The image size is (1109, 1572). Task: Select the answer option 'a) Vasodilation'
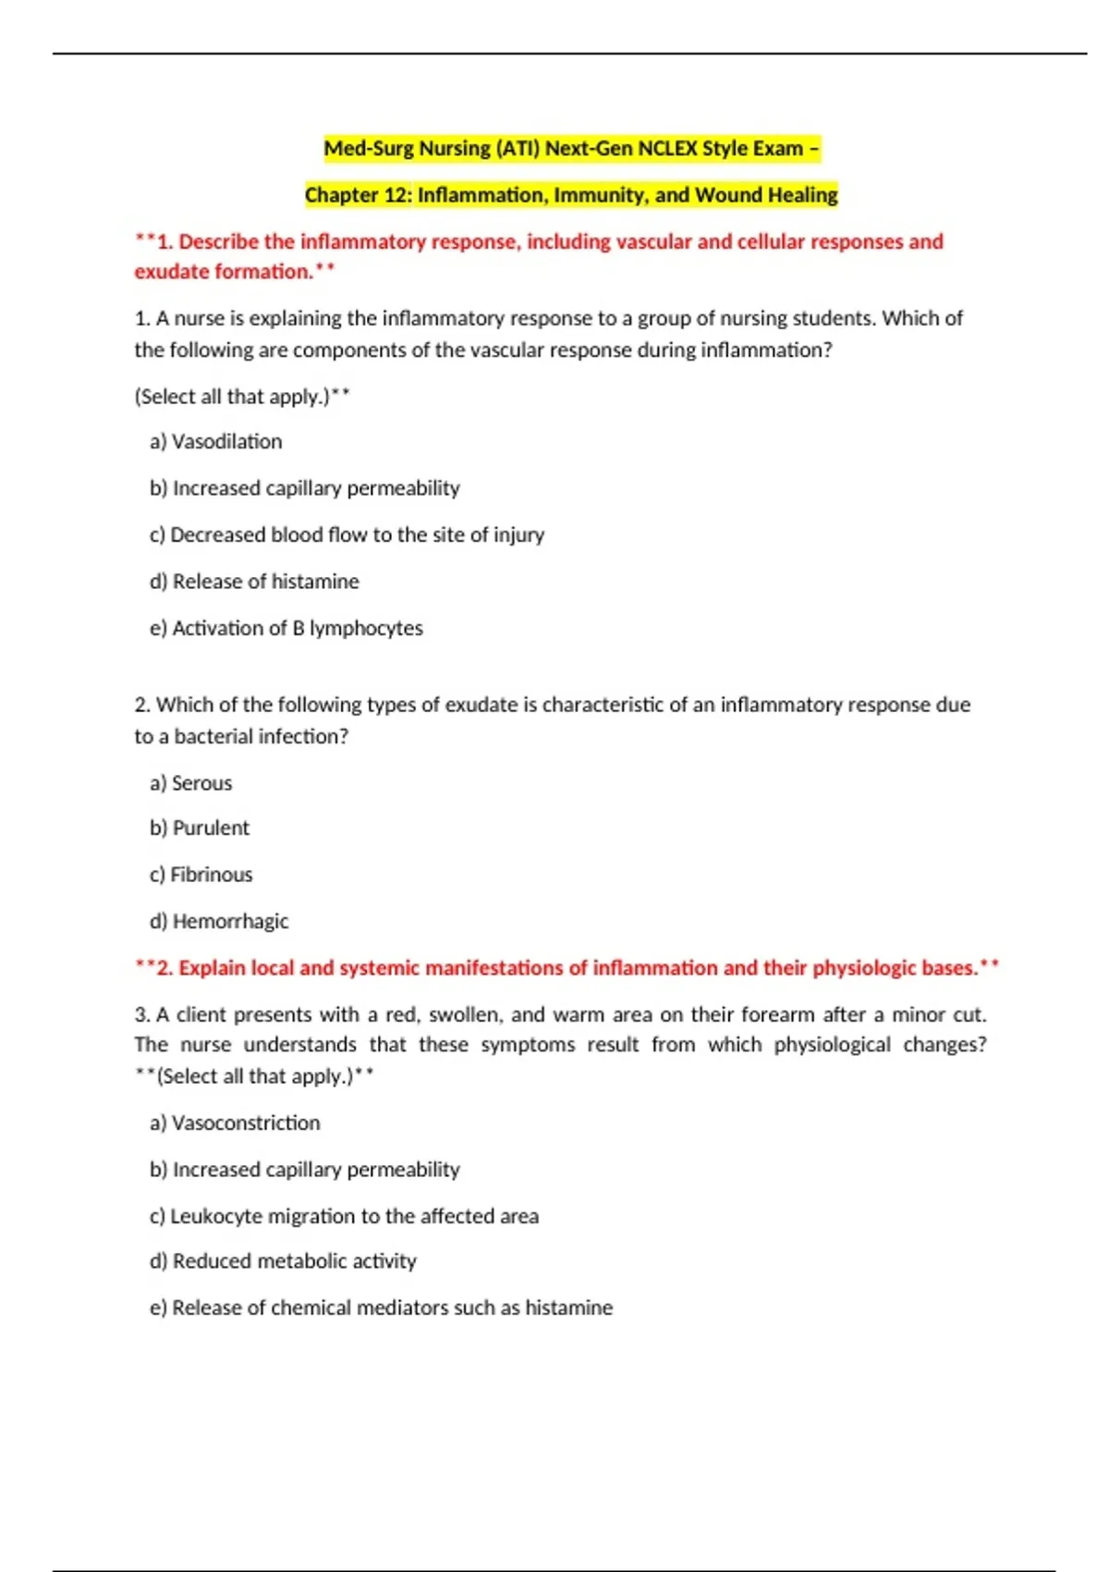215,442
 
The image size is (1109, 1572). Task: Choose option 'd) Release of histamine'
254,582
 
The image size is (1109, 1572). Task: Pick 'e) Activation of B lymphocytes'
286,629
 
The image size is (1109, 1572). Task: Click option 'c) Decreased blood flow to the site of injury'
347,535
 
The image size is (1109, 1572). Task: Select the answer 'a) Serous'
190,783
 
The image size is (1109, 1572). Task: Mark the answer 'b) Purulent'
199,829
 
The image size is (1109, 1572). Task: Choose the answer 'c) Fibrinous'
201,875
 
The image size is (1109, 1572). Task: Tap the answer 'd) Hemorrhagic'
219,922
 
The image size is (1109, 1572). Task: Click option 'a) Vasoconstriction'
235,1124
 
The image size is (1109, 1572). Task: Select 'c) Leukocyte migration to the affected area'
344,1217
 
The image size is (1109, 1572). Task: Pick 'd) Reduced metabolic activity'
283,1261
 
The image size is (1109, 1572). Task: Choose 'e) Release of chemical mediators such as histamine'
381,1308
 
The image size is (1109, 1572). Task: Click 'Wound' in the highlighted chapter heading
729,195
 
